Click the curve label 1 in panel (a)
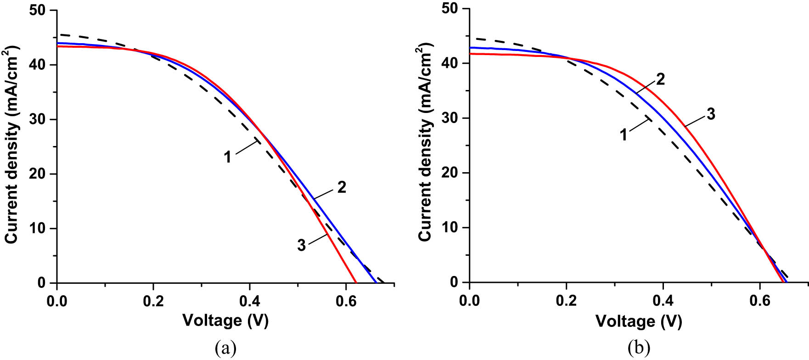[x=227, y=157]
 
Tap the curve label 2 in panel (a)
[x=341, y=187]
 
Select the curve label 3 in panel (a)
[x=301, y=245]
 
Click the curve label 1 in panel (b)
[x=624, y=135]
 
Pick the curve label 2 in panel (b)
[x=660, y=79]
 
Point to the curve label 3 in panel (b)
[x=711, y=114]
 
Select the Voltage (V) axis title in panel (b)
[x=639, y=321]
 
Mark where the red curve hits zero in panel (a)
[x=356, y=282]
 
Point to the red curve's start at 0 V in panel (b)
[x=470, y=54]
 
